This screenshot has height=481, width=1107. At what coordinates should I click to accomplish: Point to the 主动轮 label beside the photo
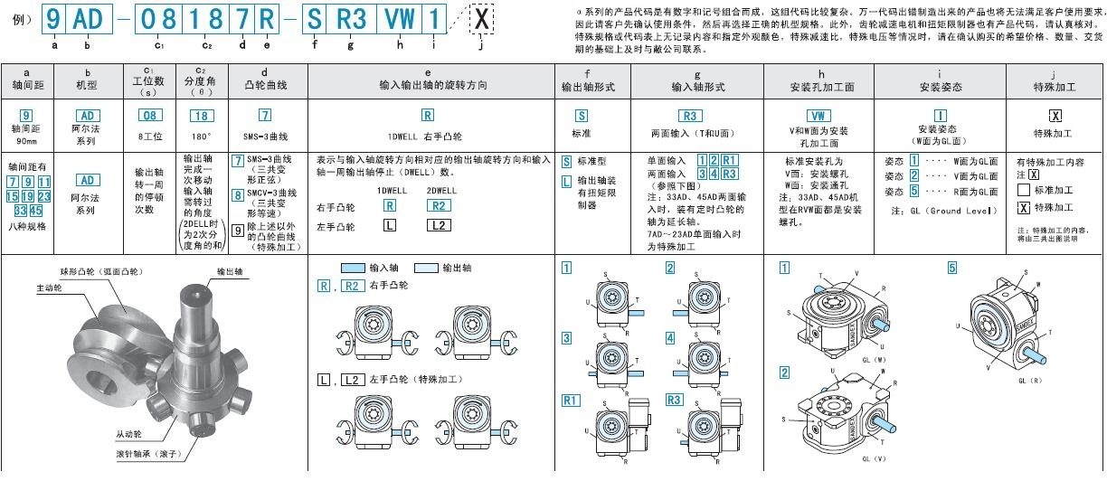[x=49, y=288]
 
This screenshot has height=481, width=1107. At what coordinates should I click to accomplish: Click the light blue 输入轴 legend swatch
[x=352, y=269]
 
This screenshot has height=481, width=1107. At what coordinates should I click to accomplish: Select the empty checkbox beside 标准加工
[x=1024, y=190]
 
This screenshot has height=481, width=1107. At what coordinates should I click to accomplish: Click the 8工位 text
[x=149, y=137]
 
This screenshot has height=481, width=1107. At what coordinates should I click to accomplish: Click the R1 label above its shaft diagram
[x=570, y=400]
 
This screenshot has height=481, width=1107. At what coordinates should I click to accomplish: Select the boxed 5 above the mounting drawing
[x=952, y=267]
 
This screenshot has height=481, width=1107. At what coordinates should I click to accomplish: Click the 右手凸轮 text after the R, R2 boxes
[x=390, y=286]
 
